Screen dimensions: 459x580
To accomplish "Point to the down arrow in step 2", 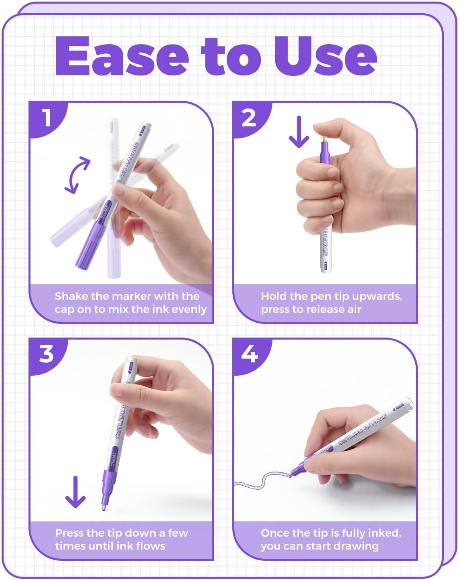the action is [299, 132].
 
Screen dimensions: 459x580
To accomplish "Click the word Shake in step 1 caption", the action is [71, 296].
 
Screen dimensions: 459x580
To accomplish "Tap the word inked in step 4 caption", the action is [384, 533].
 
